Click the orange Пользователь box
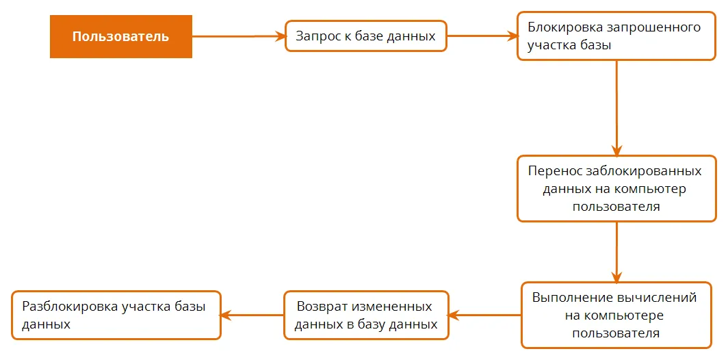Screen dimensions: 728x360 click(x=120, y=37)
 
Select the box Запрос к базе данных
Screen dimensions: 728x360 click(x=366, y=36)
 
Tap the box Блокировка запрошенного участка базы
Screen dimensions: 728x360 click(x=616, y=36)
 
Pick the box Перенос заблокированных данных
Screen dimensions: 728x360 click(x=616, y=189)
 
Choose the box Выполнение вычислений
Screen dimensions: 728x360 click(x=616, y=315)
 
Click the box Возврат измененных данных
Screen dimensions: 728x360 click(x=366, y=316)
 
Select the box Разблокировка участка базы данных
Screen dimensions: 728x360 click(x=116, y=316)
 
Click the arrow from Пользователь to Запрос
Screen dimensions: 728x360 click(x=238, y=36)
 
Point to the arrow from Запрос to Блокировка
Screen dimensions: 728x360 click(x=482, y=36)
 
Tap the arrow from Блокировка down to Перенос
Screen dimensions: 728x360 click(x=616, y=107)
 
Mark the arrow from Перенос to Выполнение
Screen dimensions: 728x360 click(x=616, y=252)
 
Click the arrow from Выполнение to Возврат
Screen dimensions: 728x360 click(x=485, y=316)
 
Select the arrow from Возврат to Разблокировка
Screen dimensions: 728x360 click(x=252, y=316)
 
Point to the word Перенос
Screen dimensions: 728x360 click(x=551, y=171)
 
